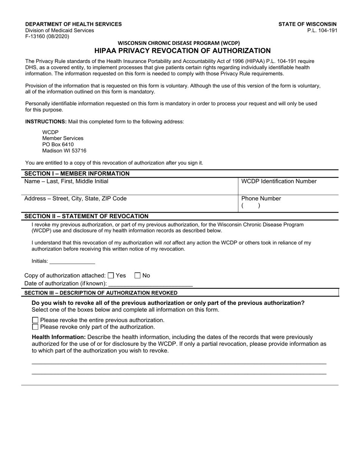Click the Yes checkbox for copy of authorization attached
pos(111,276)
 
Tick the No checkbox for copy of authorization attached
pos(138,276)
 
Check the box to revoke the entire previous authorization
pos(35,320)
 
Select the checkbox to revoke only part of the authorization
pos(35,327)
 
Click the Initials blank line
pos(72,261)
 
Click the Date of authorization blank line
pos(150,283)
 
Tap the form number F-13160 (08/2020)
pos(47,37)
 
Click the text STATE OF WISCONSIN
pos(307,24)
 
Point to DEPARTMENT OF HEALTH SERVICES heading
pos(74,24)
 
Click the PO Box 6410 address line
pos(58,145)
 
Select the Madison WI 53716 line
pos(64,151)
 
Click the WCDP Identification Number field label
pos(279,181)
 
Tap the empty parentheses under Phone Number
pos(250,206)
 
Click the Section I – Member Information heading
pos(77,174)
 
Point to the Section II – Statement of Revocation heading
pos(86,216)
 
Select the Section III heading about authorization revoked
pos(100,293)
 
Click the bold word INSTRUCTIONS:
pos(46,122)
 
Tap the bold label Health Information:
pos(59,337)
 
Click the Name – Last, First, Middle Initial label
pos(66,181)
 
